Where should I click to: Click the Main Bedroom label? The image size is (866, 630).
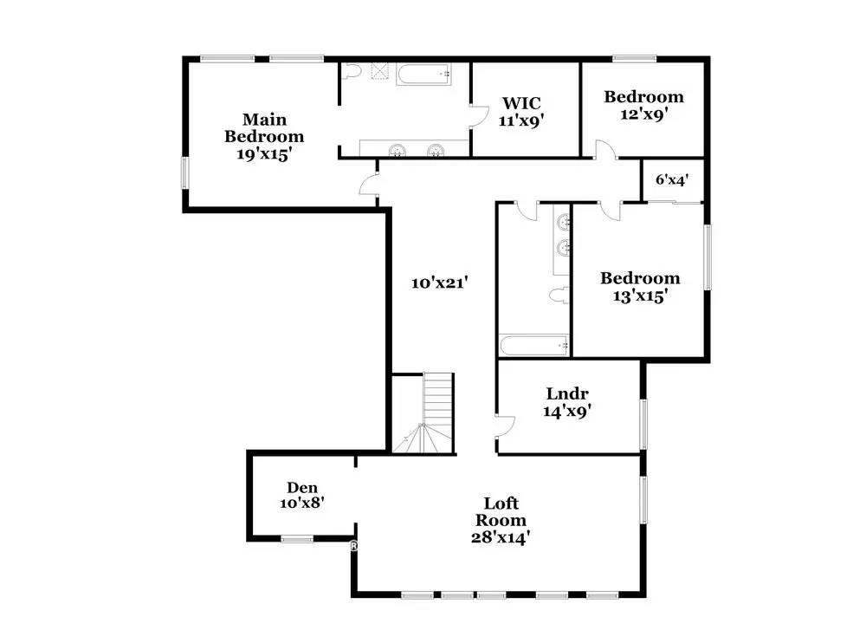point(264,137)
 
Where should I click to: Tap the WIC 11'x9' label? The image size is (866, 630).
point(521,112)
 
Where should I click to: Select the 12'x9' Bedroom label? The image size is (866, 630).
point(643,105)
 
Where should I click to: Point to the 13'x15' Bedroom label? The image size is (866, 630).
point(640,287)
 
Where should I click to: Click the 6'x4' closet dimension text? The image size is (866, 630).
point(672,179)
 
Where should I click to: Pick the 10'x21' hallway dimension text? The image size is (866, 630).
point(440,283)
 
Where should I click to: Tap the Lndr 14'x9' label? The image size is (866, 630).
point(567,402)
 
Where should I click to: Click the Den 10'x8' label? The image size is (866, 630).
point(302,495)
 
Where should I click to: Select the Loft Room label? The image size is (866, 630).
point(501,520)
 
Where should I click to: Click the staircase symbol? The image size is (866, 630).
point(423,413)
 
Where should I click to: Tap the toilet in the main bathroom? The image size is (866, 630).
point(351,72)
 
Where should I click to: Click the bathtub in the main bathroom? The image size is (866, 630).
point(424,75)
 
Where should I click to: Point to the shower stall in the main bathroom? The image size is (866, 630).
point(380,71)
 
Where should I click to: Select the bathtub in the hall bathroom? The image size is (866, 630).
point(533,346)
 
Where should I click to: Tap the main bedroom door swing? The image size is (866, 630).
point(368,184)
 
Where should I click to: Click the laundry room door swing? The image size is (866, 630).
point(506,425)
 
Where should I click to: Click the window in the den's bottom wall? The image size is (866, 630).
point(296,539)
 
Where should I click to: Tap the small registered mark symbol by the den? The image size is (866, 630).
point(353,546)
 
